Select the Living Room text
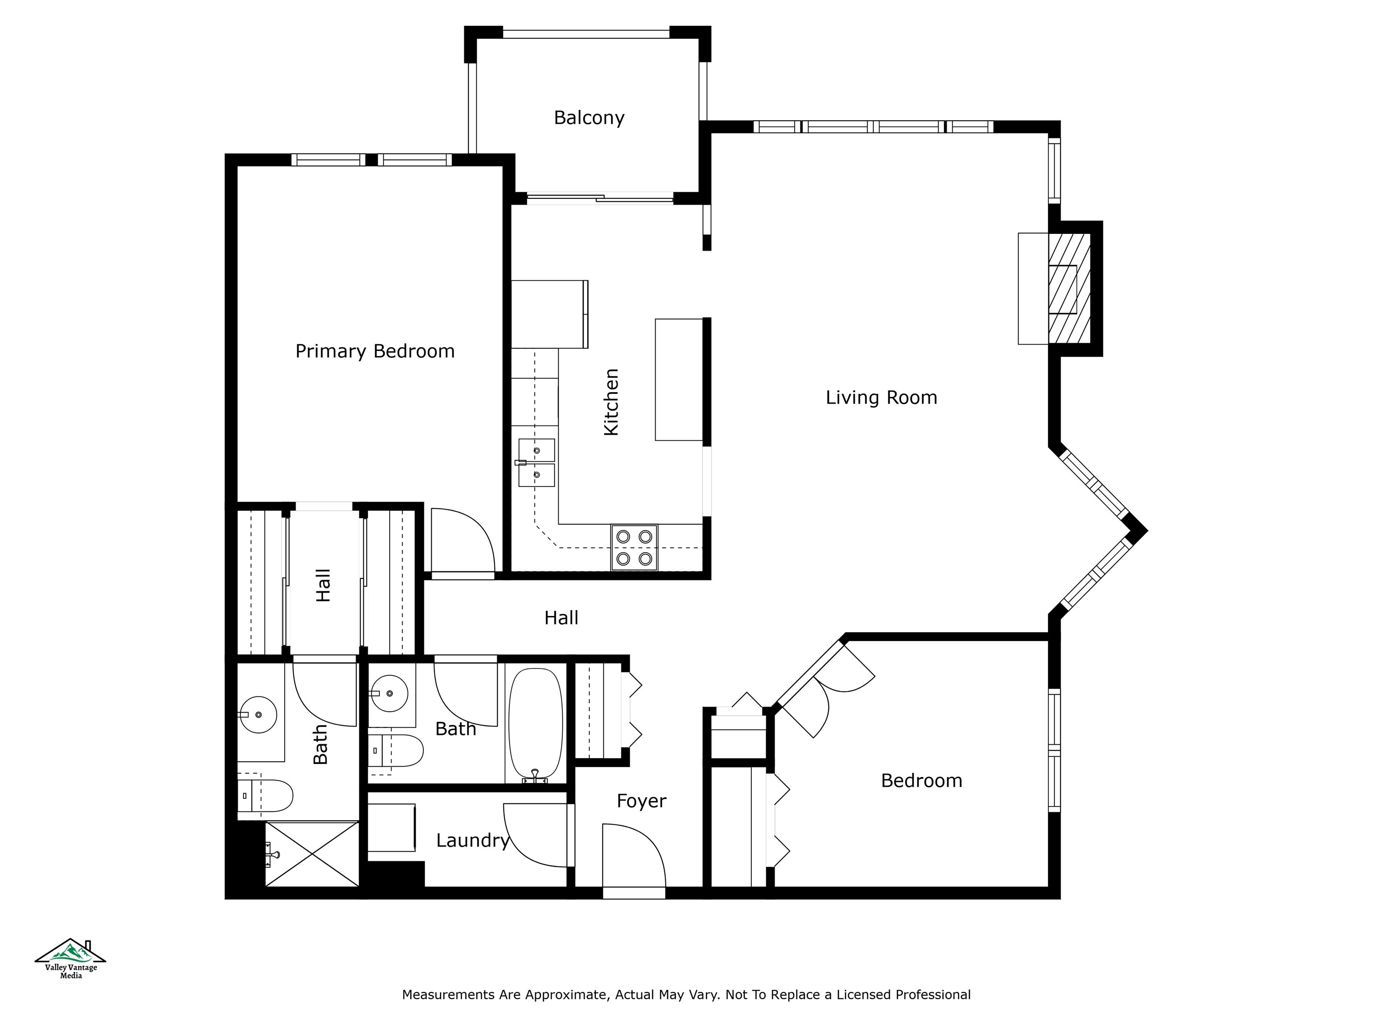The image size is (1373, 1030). click(x=881, y=397)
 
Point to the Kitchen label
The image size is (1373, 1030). click(x=611, y=402)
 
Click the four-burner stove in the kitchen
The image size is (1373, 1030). click(x=634, y=548)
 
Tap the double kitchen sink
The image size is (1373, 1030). click(x=537, y=463)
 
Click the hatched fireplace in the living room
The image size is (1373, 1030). click(x=1069, y=289)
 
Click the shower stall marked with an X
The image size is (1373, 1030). click(x=312, y=854)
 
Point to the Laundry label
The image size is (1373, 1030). click(x=472, y=840)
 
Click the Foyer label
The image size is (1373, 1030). click(x=641, y=801)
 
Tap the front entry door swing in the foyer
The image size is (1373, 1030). click(x=633, y=857)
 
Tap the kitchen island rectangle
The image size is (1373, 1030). click(x=678, y=380)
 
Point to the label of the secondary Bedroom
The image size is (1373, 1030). click(x=921, y=781)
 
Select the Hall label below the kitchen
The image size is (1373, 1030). click(x=561, y=618)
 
